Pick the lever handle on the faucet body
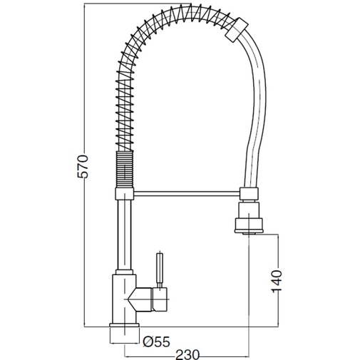tap(160, 271)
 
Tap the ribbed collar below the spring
tap(123, 171)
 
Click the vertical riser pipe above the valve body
tap(123, 235)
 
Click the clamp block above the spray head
tap(250, 192)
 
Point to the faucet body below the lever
tap(121, 299)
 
